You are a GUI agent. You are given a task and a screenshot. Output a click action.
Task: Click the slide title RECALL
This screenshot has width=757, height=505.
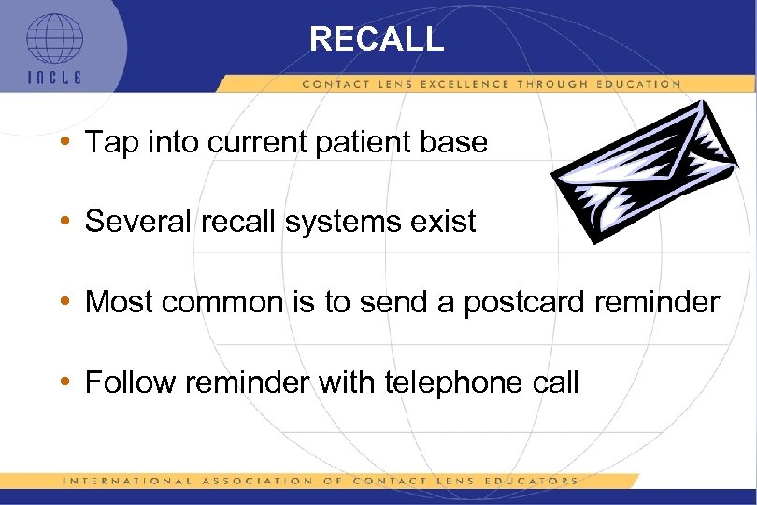pyautogui.click(x=377, y=38)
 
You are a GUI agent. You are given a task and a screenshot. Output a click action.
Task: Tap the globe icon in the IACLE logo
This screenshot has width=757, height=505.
pyautogui.click(x=53, y=38)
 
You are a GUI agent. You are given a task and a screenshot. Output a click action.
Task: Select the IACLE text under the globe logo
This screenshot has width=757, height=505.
pyautogui.click(x=53, y=78)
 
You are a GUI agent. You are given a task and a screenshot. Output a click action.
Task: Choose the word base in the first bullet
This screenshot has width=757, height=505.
pyautogui.click(x=457, y=143)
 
